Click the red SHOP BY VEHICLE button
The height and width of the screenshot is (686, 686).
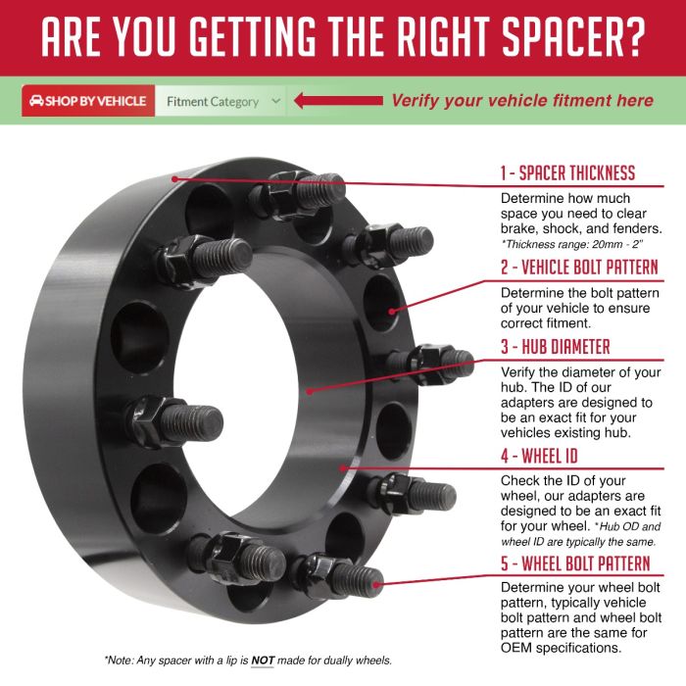point(88,101)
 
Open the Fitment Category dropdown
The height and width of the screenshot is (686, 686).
point(220,101)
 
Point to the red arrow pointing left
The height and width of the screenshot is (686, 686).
point(339,101)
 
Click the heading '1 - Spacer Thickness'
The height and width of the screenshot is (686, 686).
point(567,172)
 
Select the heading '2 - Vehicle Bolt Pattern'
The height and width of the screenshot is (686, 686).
point(580,267)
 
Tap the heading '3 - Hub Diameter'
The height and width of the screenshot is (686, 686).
point(556,347)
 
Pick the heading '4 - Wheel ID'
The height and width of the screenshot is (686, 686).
point(539,456)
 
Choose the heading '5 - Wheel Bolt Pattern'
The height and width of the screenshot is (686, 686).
point(575,563)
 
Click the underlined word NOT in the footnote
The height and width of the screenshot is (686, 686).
point(263,661)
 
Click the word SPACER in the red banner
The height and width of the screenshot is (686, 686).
point(560,37)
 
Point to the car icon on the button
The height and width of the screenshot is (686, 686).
point(36,101)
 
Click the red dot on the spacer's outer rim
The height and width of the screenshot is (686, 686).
point(174,179)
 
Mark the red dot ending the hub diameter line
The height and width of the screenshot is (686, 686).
point(310,392)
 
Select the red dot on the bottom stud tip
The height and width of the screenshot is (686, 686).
point(375,584)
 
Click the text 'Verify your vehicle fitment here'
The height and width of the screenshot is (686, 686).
point(522,101)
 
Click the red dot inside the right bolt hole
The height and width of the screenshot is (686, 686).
point(392,312)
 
